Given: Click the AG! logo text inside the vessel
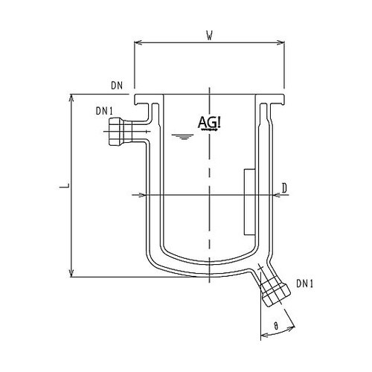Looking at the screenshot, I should pos(210,122).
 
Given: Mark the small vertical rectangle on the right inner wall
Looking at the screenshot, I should pos(248,199).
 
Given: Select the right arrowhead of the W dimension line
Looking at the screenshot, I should pos(283,42).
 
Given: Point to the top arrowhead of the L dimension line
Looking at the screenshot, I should pos(71,98).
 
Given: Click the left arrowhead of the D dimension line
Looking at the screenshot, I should pos(134,195).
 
